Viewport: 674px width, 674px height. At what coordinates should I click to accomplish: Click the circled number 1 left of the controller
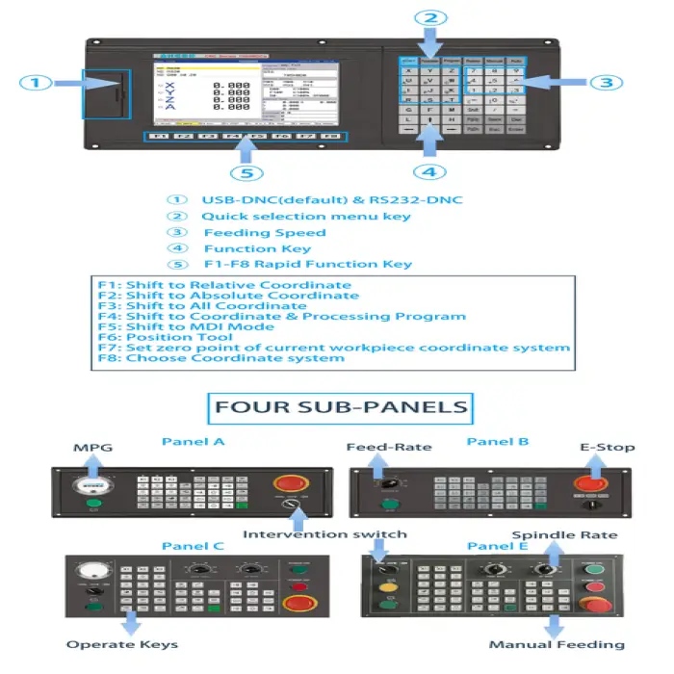36,83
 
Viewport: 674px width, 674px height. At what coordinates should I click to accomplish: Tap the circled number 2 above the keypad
431,18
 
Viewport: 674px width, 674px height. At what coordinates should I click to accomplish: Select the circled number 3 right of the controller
606,83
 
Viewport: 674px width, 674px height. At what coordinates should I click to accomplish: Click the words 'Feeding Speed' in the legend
264,232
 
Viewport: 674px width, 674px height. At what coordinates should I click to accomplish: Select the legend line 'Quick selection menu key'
305,216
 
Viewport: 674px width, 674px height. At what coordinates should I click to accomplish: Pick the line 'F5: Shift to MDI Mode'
185,326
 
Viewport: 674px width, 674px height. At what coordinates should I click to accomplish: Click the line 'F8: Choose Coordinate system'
220,358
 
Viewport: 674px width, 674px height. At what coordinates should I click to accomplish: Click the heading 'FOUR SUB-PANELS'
341,406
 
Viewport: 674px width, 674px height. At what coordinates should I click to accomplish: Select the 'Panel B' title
497,442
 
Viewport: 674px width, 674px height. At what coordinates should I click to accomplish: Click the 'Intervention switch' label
324,534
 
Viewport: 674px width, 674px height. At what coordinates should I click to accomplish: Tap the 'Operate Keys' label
121,644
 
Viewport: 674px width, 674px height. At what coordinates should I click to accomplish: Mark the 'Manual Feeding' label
557,644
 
